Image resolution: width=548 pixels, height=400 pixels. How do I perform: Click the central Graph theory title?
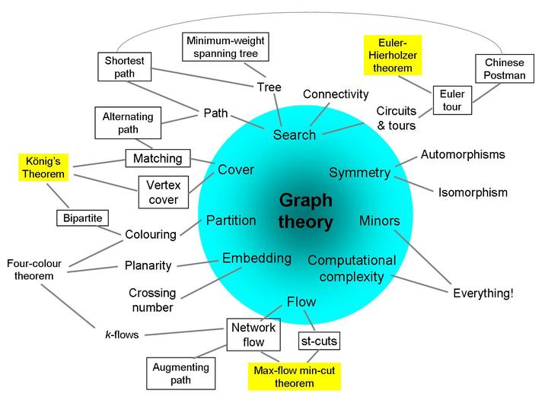[305, 211]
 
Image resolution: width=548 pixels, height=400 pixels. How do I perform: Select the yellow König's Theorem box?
[43, 167]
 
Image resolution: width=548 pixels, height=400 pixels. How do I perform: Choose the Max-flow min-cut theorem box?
[283, 376]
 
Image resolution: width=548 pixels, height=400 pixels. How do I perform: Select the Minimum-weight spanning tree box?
[226, 47]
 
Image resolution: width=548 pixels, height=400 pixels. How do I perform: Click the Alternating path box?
[127, 123]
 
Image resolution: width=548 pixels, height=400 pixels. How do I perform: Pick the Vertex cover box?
[164, 192]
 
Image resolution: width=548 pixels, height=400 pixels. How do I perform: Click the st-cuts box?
[318, 341]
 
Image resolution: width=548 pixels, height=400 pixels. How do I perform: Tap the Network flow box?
[249, 335]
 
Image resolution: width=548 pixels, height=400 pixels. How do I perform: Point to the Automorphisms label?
[463, 154]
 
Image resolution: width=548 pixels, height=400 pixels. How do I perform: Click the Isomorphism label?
[472, 192]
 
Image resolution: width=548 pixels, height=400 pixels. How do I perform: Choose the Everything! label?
[483, 293]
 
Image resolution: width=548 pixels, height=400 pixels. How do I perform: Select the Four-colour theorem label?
[33, 269]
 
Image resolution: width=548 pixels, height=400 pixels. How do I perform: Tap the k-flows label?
[121, 334]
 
